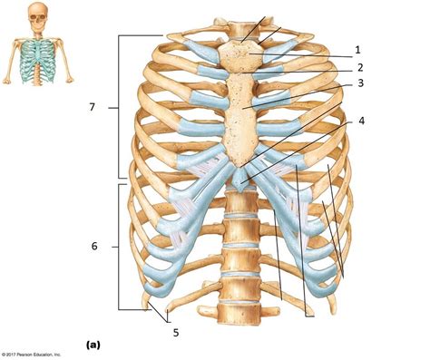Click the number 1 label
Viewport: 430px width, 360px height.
[359, 49]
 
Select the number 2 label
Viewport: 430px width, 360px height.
[359, 67]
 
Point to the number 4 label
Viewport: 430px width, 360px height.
[362, 121]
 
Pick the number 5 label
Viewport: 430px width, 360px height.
[176, 331]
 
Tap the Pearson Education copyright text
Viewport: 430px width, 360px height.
[29, 354]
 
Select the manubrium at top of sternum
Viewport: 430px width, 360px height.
[245, 55]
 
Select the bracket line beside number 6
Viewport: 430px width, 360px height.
[121, 246]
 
